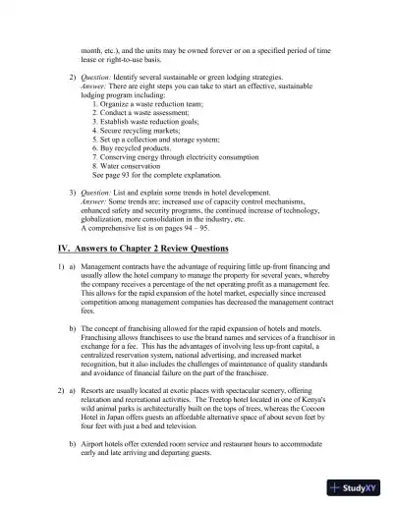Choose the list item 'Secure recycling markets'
pyautogui.click(x=140, y=129)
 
